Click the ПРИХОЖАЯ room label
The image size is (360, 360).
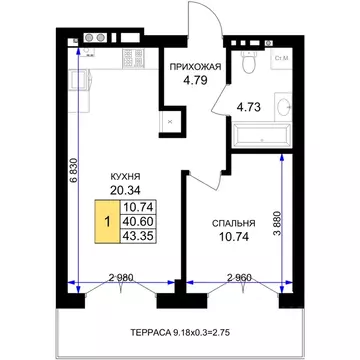[x=195, y=67]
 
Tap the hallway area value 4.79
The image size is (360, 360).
[x=195, y=80]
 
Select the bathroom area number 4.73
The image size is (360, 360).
[x=248, y=107]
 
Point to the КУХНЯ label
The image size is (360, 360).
[x=125, y=176]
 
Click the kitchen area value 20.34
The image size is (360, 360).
[x=125, y=190]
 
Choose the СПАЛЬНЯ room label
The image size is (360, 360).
[x=234, y=223]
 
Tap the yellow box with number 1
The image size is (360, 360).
[x=107, y=221]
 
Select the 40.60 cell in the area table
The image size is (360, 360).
[x=138, y=222]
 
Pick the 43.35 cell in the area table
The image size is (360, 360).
[x=138, y=236]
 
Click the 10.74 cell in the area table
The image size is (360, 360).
[x=138, y=207]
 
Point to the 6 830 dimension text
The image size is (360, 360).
[x=74, y=169]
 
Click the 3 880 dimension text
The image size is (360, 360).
[x=278, y=224]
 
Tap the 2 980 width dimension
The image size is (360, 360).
[x=121, y=278]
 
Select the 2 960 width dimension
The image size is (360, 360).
[x=239, y=278]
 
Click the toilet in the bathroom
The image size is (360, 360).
[x=249, y=62]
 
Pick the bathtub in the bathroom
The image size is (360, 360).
[x=262, y=136]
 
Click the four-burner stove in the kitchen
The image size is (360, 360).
[x=133, y=59]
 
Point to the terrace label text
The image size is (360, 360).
[x=181, y=332]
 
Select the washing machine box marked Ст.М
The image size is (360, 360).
[x=282, y=59]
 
